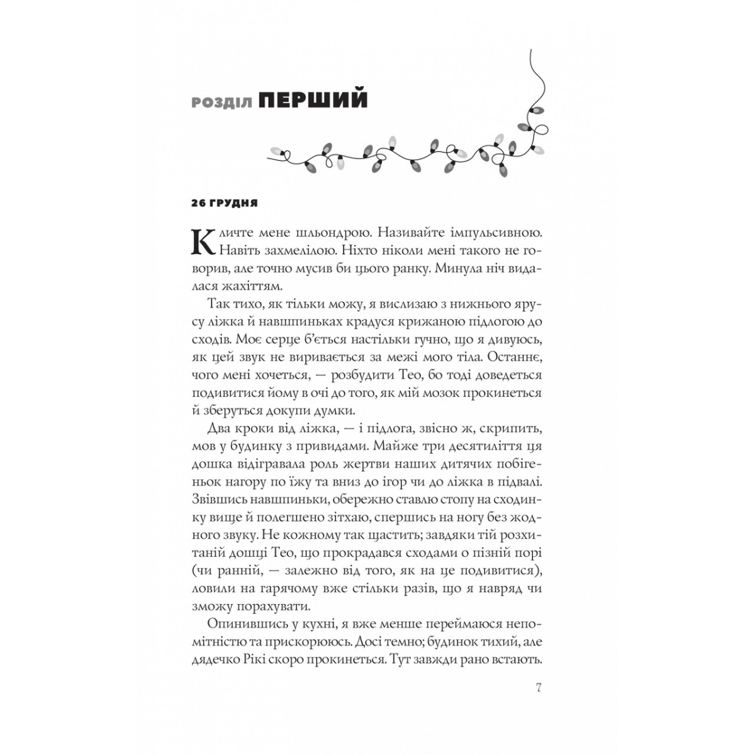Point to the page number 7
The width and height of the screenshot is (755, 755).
[538, 686]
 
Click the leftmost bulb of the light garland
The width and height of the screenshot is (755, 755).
[276, 151]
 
